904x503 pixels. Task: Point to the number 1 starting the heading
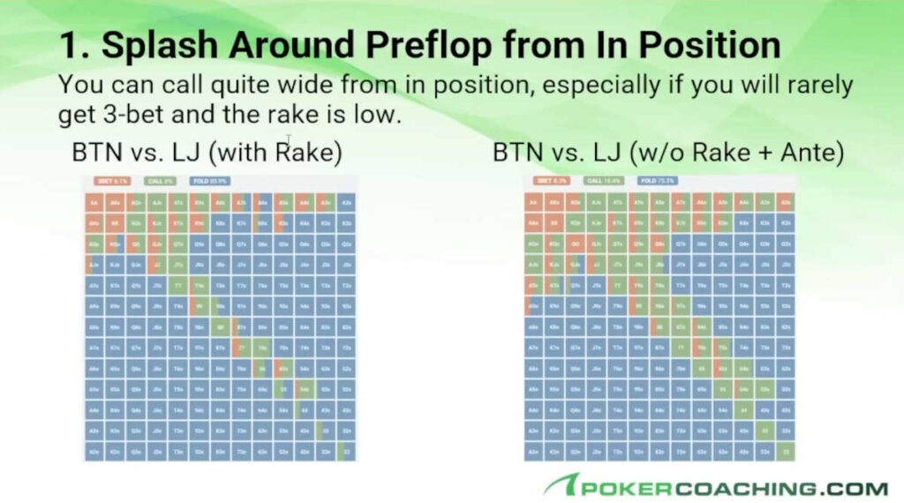(x=68, y=45)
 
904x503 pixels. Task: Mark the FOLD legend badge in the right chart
(x=656, y=181)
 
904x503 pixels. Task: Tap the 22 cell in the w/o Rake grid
(x=787, y=452)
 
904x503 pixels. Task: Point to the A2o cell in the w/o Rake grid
(x=534, y=452)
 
